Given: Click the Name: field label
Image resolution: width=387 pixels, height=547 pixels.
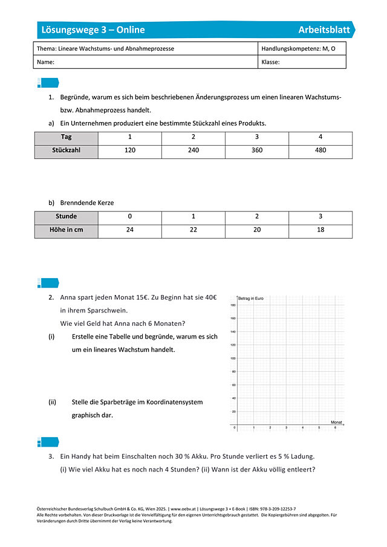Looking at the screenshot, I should [46, 62].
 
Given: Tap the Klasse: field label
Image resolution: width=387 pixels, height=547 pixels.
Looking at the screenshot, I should [270, 62].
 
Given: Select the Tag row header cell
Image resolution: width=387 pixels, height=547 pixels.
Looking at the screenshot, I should [66, 137].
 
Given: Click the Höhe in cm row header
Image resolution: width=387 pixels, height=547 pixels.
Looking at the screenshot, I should [66, 230].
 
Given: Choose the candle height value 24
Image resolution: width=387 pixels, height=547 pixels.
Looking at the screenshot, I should [129, 230].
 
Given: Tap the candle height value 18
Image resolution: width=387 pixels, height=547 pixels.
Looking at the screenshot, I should [320, 230].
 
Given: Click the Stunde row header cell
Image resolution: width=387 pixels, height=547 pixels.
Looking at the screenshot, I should [66, 216].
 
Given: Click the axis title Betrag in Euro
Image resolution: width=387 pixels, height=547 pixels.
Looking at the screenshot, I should [251, 299].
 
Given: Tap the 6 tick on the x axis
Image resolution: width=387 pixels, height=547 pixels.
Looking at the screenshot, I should [335, 428].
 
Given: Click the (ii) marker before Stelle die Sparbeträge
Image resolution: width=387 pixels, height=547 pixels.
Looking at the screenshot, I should [52, 402].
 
